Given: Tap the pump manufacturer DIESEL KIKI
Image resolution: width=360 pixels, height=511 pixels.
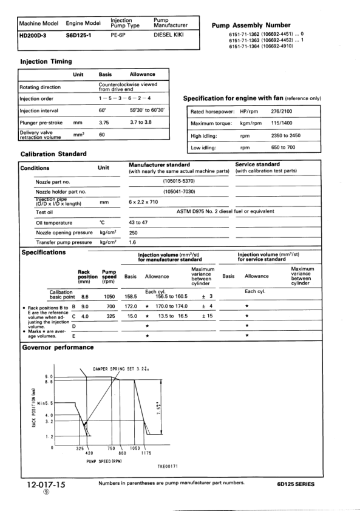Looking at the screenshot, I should tap(168, 36).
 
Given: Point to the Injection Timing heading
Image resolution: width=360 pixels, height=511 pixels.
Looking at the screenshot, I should tap(46, 61).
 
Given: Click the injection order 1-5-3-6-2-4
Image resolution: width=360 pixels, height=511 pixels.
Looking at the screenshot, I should tap(124, 98).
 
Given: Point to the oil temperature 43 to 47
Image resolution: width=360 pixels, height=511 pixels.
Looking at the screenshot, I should tap(138, 222).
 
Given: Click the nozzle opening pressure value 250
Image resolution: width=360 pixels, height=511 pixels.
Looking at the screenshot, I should tap(134, 232).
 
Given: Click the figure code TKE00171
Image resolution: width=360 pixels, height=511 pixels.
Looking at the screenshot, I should tap(165, 465).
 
